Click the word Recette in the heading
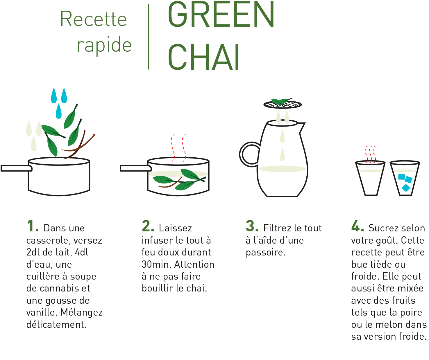click(x=94, y=19)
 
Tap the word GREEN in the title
click(x=221, y=14)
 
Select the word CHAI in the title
click(x=203, y=57)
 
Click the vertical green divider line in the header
click(x=149, y=37)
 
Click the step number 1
click(x=33, y=226)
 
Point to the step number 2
click(x=148, y=226)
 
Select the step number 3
click(x=252, y=226)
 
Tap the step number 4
click(x=357, y=226)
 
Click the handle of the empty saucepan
click(x=16, y=168)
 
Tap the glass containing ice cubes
click(x=405, y=178)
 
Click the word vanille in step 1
click(x=42, y=313)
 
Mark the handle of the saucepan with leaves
click(x=136, y=168)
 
